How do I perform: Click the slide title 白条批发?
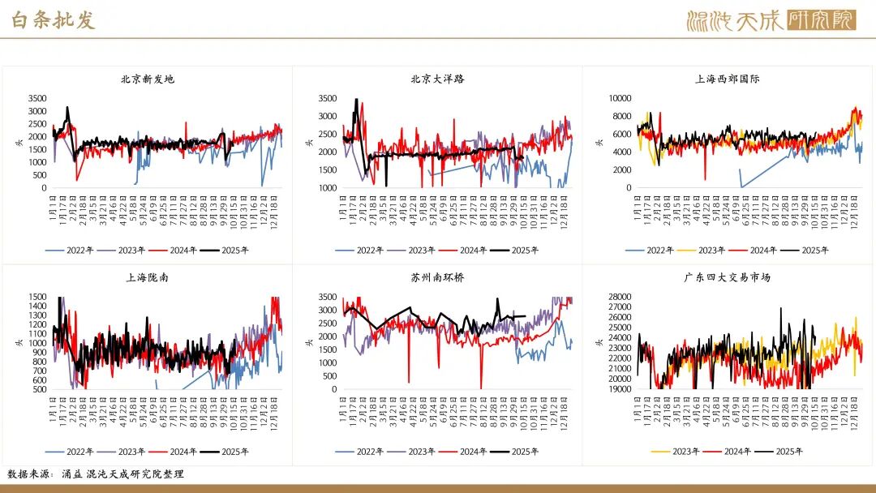(54, 20)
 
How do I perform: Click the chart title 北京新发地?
(148, 79)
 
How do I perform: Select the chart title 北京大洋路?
(438, 79)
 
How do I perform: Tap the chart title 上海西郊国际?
(727, 79)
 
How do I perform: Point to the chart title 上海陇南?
(148, 277)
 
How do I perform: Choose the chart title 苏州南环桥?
(438, 277)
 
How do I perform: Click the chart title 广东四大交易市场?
(727, 277)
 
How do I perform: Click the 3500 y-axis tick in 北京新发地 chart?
(37, 98)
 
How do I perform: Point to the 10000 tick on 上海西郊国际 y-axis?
(620, 98)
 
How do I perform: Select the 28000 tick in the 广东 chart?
(620, 297)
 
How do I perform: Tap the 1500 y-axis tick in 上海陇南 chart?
(37, 297)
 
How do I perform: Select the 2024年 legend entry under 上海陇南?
(170, 452)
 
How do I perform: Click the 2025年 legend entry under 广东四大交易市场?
(780, 452)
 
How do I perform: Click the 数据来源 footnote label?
(31, 474)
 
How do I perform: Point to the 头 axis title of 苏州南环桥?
(308, 342)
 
